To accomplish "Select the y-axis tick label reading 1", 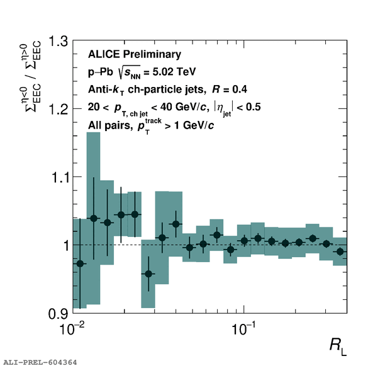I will (x=62, y=245).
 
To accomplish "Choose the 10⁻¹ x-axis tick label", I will (x=243, y=328).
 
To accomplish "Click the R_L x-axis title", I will (x=338, y=345).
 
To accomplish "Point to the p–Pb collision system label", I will (x=99, y=72).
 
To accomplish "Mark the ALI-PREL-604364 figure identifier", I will (x=40, y=362).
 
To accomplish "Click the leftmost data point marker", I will (x=80, y=263).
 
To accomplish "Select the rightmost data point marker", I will (x=340, y=251).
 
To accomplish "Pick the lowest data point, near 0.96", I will (x=148, y=273).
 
